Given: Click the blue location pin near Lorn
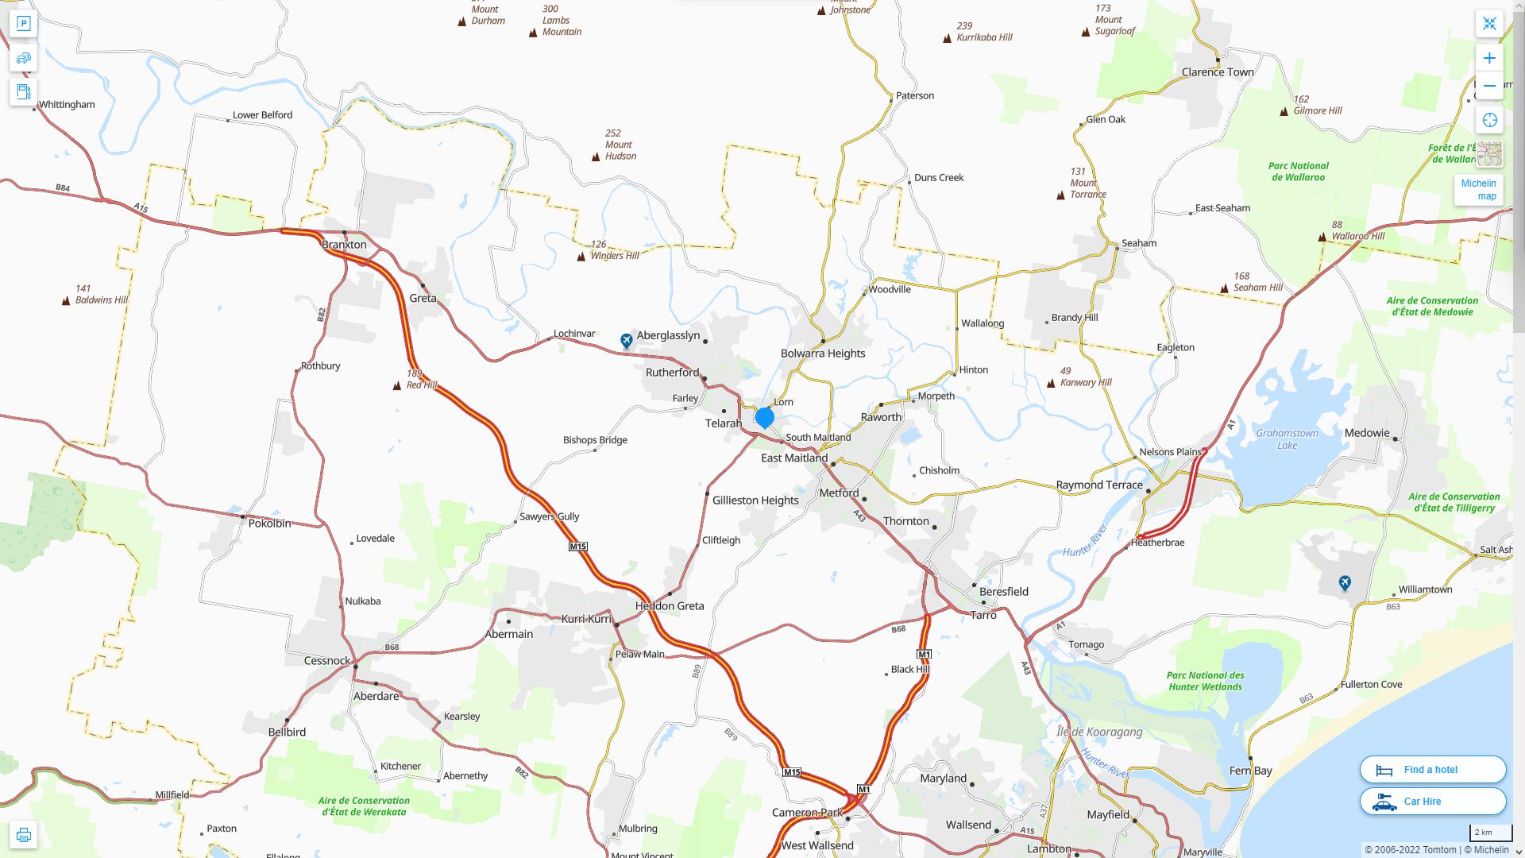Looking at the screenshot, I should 764,417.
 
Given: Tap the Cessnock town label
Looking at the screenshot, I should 326,660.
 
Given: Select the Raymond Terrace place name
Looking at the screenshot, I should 1098,485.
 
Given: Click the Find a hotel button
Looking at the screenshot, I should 1432,769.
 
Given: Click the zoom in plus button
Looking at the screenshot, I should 1489,58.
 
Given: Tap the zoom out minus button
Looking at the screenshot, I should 1489,86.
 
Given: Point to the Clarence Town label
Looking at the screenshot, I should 1217,71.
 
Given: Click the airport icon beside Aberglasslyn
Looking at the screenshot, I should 627,341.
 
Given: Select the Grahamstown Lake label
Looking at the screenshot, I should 1287,439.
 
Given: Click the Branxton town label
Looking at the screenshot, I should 344,244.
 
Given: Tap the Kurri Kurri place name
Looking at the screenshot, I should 586,618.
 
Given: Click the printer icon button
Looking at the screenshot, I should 23,835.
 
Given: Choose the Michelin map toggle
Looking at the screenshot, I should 1478,189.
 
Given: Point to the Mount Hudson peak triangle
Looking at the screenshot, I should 596,157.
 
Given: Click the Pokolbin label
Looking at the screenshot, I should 269,523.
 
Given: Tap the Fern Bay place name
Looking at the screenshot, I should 1250,770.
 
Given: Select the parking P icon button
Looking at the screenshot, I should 23,24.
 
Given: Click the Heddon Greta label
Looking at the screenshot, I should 669,605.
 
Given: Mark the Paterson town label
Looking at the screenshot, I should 914,95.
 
